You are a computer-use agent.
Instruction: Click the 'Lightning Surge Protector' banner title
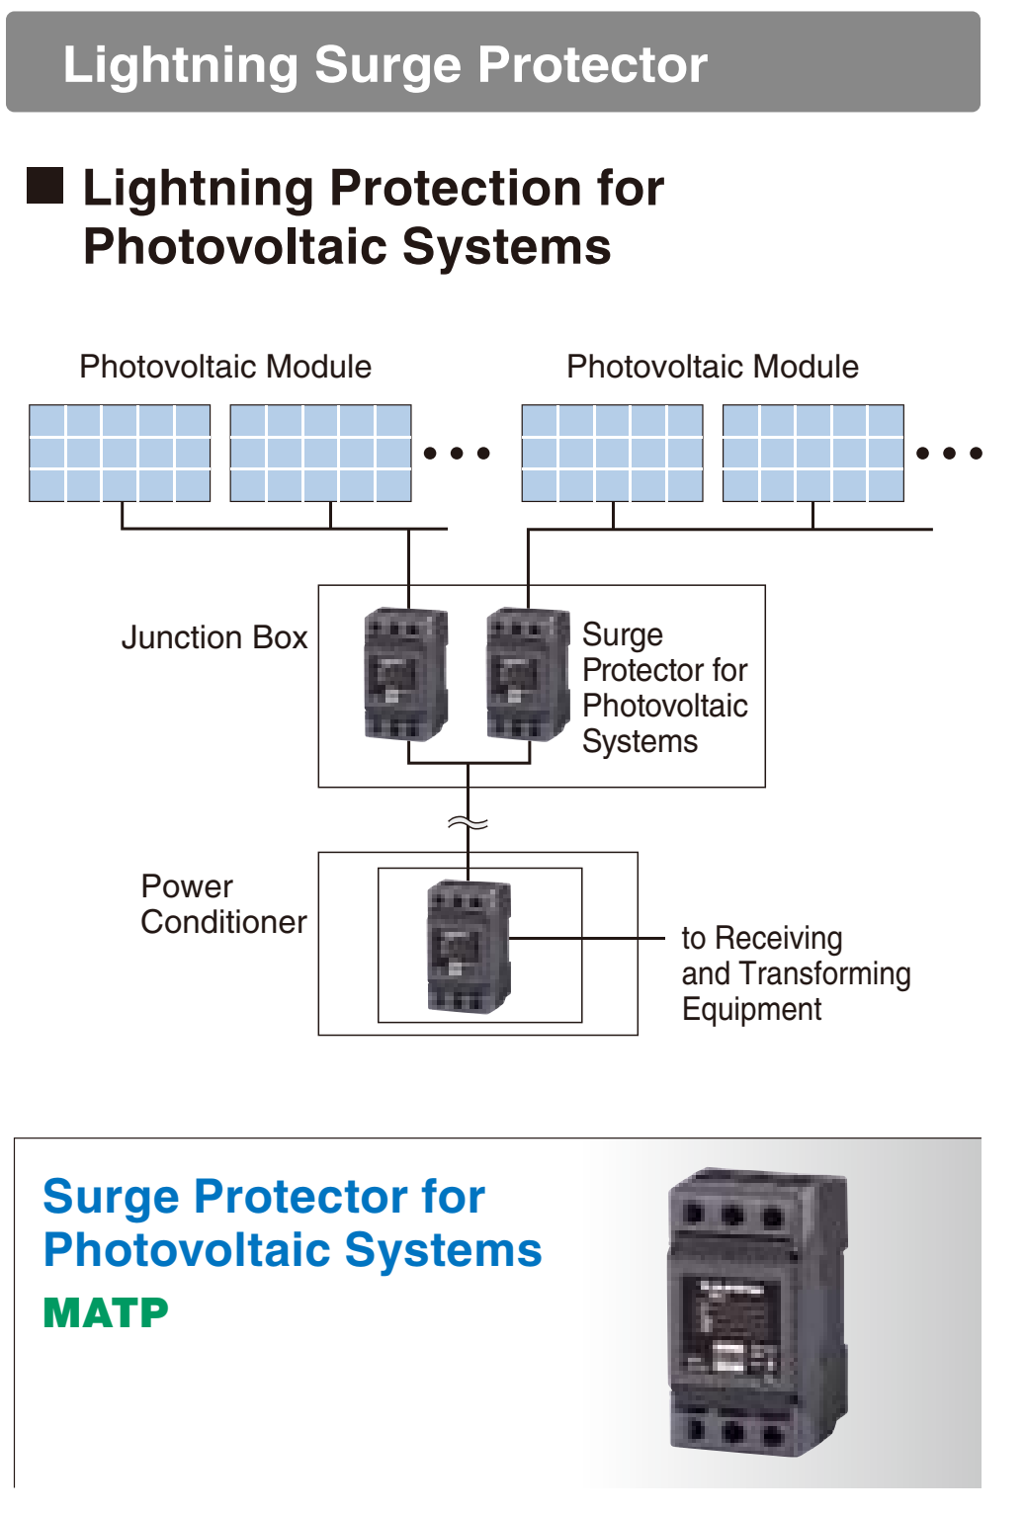click(384, 65)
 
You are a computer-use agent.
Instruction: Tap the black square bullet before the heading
click(44, 186)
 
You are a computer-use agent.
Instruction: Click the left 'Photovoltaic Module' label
click(225, 367)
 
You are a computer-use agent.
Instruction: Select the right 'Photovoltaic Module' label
click(712, 367)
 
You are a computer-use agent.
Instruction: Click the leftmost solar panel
click(120, 453)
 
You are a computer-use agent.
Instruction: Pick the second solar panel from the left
click(320, 453)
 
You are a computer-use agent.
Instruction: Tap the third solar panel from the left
click(612, 453)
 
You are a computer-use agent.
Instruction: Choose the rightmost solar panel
click(812, 453)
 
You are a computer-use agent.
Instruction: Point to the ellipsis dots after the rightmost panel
click(949, 454)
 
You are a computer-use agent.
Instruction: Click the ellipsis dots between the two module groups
click(457, 454)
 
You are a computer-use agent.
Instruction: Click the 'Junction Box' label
click(214, 637)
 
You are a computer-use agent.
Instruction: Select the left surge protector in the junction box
click(406, 674)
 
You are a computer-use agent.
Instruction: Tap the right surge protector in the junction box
click(528, 674)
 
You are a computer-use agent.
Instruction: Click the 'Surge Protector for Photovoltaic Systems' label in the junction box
click(664, 688)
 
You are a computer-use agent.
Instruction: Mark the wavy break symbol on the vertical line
click(468, 823)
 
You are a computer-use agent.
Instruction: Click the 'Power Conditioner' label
click(223, 904)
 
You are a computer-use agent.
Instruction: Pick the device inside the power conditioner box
click(469, 946)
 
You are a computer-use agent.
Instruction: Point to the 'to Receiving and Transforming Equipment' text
click(796, 973)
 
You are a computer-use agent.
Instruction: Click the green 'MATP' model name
click(106, 1313)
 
